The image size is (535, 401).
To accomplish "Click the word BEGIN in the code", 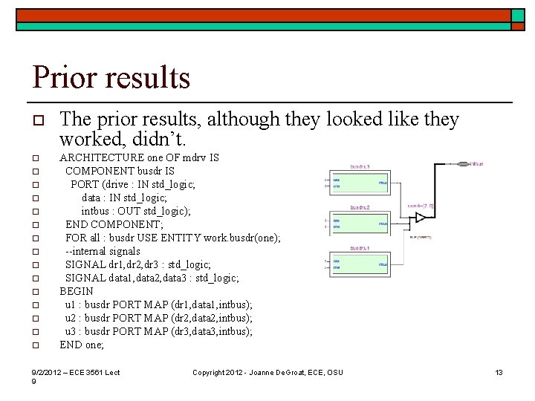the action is coord(77,291).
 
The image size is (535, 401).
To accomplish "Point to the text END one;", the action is coord(82,345).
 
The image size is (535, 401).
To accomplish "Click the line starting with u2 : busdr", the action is coord(158,318).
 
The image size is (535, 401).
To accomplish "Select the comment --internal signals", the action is coord(103,251).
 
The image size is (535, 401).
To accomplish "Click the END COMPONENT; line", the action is coord(114,224).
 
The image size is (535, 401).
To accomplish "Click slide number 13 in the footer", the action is coord(499,372).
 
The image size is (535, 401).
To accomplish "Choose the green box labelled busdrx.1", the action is coord(360,263).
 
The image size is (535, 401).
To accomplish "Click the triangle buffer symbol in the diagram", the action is coord(421,218).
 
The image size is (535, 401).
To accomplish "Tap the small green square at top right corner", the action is coord(518,15).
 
